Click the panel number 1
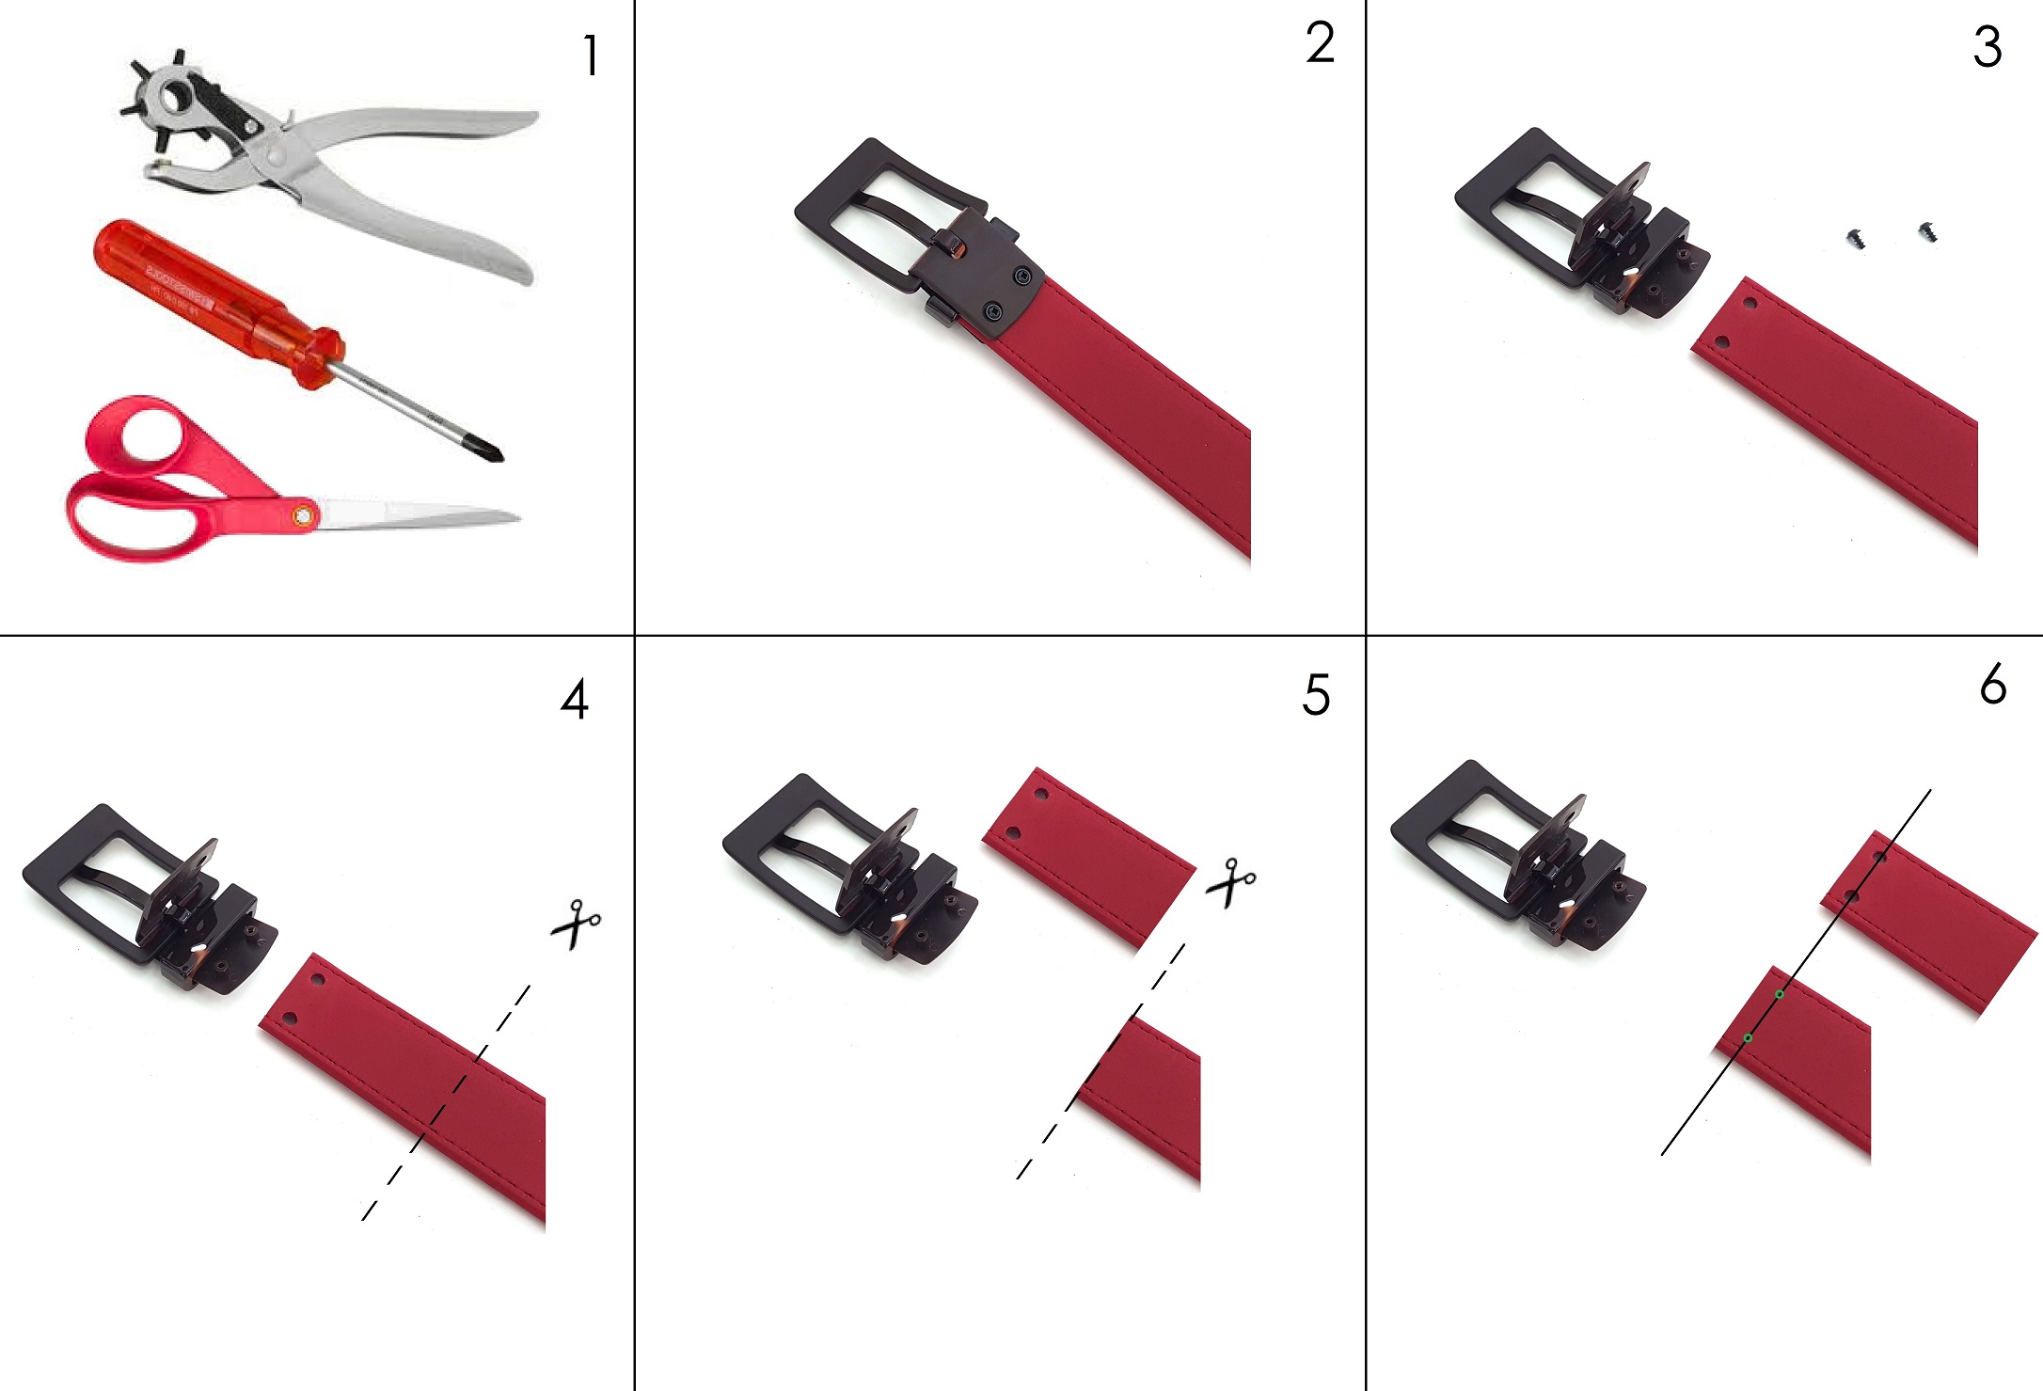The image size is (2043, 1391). tap(591, 56)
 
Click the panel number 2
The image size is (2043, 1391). tap(1320, 44)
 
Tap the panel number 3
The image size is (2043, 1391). tap(1987, 48)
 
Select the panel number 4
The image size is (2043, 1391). tap(575, 700)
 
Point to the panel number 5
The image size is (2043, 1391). tap(1316, 696)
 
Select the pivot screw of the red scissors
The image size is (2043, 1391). tap(303, 515)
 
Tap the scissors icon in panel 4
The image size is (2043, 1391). tap(576, 924)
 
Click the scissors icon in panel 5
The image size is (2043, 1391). tap(1230, 882)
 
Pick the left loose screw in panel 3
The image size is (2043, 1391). tap(1857, 239)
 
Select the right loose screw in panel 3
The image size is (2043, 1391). tap(1925, 230)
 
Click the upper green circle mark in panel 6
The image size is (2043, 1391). tap(1780, 994)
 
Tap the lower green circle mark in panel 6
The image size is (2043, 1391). tap(1748, 1038)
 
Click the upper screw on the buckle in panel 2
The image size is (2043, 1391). tap(1022, 277)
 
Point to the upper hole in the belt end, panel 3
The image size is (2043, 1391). tap(1750, 305)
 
